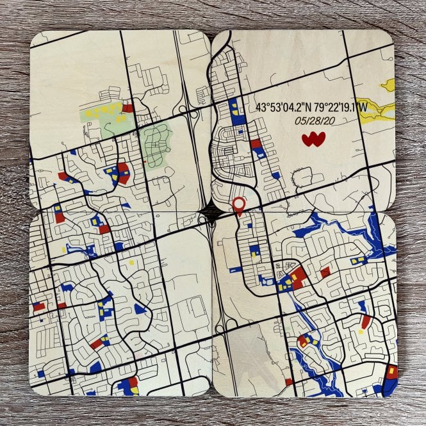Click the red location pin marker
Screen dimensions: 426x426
[x=239, y=206]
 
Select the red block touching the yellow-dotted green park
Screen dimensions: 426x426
[x=128, y=108]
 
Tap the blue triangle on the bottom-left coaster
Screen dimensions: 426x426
[x=139, y=308]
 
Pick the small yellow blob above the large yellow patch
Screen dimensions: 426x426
[x=388, y=83]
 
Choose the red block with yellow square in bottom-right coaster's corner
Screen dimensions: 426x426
[x=391, y=372]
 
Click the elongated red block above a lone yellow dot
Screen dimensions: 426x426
[x=365, y=322]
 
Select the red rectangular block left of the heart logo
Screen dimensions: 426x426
[x=256, y=144]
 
